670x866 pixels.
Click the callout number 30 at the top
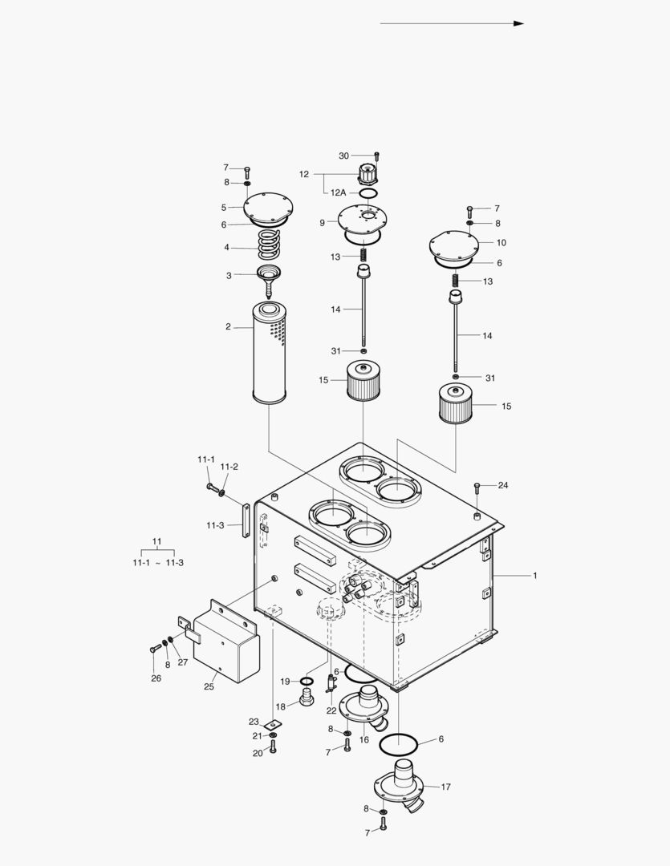point(343,156)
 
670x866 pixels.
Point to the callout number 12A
point(338,192)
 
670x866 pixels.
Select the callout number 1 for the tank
point(535,576)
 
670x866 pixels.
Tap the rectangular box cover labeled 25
point(226,645)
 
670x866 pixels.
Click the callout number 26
point(156,678)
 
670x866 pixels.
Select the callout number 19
point(285,681)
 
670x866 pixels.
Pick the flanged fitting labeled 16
point(366,704)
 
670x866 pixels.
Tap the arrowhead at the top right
point(518,23)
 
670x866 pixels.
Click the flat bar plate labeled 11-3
point(242,520)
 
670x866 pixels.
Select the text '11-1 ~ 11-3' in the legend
point(158,563)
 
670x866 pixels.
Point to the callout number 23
point(254,721)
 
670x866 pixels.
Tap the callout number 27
point(183,662)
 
